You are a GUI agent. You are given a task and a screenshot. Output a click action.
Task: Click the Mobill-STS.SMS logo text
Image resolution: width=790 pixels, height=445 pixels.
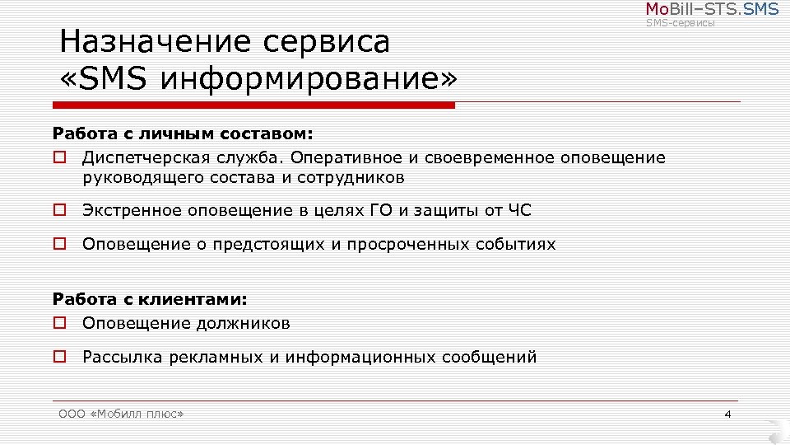711,9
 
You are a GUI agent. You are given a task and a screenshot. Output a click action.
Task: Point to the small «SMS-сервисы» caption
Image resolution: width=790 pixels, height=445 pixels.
680,23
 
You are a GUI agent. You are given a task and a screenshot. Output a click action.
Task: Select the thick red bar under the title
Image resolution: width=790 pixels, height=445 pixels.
253,105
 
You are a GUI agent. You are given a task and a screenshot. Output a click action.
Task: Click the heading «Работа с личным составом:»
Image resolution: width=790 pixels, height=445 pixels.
184,133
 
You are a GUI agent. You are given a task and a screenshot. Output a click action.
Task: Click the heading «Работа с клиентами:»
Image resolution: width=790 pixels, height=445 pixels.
150,299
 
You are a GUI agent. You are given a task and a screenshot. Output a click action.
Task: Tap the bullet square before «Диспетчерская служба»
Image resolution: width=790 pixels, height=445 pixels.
59,157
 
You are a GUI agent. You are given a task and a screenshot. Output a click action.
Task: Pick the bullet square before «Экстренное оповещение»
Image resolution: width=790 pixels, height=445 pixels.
59,210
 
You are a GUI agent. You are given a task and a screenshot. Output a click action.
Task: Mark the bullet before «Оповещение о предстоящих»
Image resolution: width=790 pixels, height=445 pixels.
59,244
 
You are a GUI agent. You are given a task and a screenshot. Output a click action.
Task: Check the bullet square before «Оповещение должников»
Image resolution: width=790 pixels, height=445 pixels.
59,323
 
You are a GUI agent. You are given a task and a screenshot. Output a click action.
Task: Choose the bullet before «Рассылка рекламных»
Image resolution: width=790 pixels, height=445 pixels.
59,357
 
